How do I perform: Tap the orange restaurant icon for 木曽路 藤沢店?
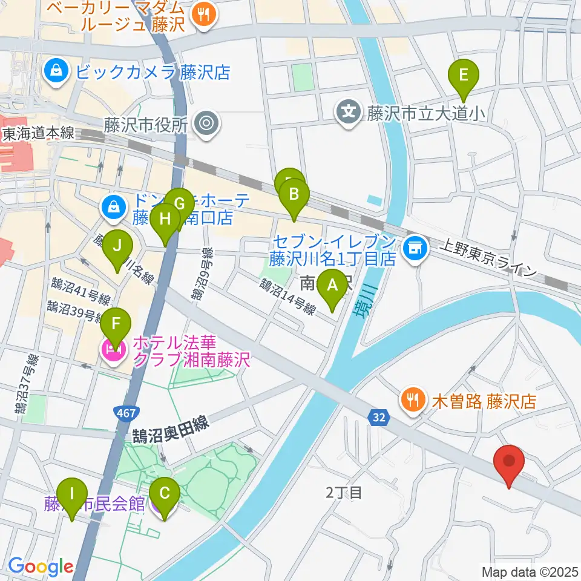pyautogui.click(x=413, y=400)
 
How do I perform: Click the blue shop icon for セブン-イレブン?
pyautogui.click(x=415, y=247)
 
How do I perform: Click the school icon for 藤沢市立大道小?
pyautogui.click(x=349, y=113)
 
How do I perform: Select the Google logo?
pyautogui.click(x=41, y=566)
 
